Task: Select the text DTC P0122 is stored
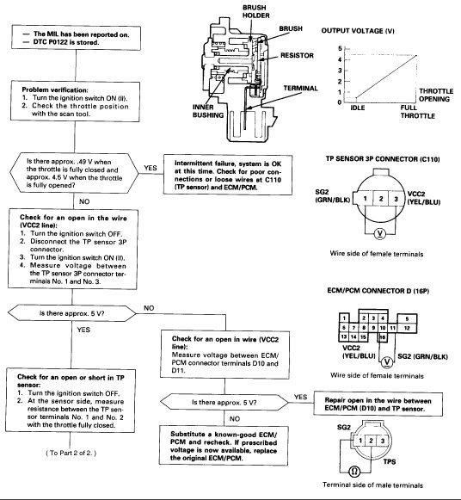69,40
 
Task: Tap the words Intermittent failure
213,161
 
